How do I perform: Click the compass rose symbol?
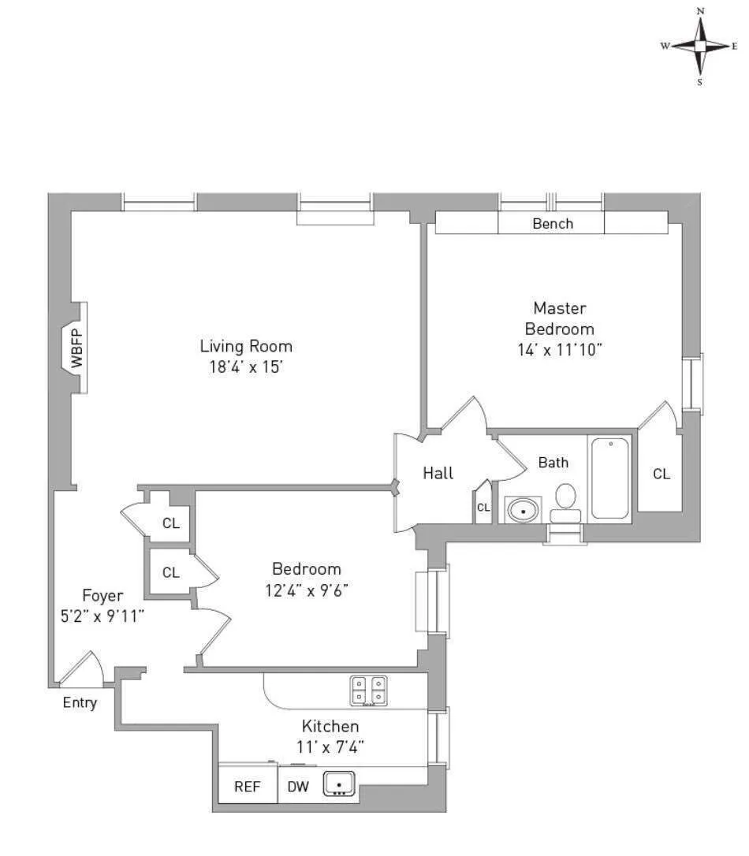click(x=699, y=47)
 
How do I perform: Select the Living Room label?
click(x=246, y=346)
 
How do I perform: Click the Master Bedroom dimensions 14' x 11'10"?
click(x=560, y=349)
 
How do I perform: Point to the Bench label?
click(x=553, y=224)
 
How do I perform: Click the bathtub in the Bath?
click(x=610, y=478)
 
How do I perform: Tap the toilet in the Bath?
click(x=565, y=502)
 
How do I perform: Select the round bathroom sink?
click(x=522, y=510)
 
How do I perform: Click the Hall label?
click(x=438, y=473)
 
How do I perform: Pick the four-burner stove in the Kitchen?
click(x=368, y=690)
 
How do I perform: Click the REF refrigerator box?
click(x=248, y=786)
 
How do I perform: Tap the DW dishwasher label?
click(x=297, y=786)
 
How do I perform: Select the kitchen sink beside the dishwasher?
click(x=340, y=784)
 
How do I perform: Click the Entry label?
click(x=80, y=702)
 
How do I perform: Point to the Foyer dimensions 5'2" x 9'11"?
click(x=102, y=616)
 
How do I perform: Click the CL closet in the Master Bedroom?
click(x=661, y=474)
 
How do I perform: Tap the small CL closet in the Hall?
click(x=483, y=507)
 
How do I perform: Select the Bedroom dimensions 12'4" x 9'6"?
click(x=307, y=589)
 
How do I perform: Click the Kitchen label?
click(x=330, y=726)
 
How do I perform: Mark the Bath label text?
click(x=553, y=463)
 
